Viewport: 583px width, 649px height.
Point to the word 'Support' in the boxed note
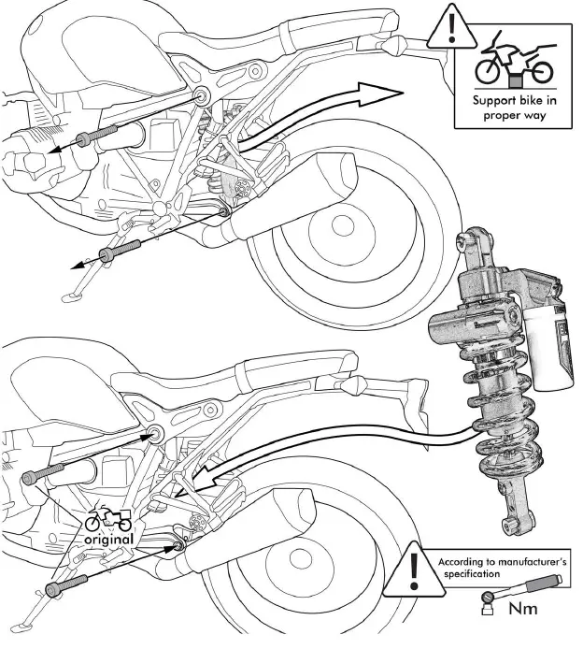(x=485, y=101)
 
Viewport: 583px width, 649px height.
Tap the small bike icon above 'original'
(x=109, y=519)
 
